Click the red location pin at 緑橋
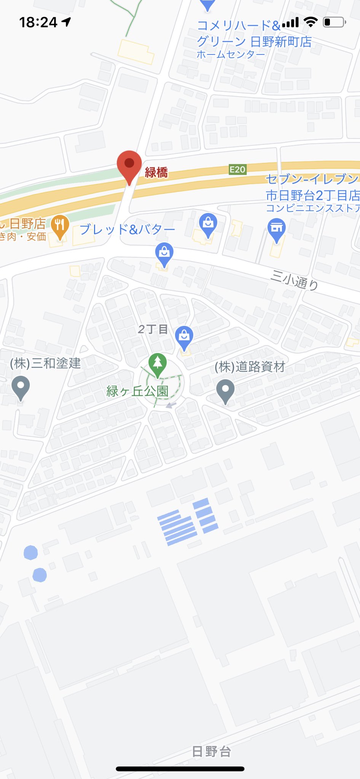click(x=129, y=164)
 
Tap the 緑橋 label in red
click(x=156, y=173)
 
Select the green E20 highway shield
click(x=237, y=170)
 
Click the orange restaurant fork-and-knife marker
click(x=60, y=225)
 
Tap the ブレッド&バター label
click(x=127, y=229)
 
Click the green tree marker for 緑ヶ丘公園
click(x=158, y=363)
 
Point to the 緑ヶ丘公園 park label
click(x=137, y=391)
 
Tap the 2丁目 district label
click(x=153, y=329)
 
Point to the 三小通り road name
click(x=294, y=280)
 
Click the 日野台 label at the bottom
click(x=212, y=751)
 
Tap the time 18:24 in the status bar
click(x=38, y=22)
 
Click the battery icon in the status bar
click(x=334, y=22)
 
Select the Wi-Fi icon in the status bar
click(x=311, y=22)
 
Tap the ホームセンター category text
click(x=231, y=55)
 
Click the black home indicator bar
click(x=180, y=769)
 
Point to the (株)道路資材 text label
click(x=250, y=367)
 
